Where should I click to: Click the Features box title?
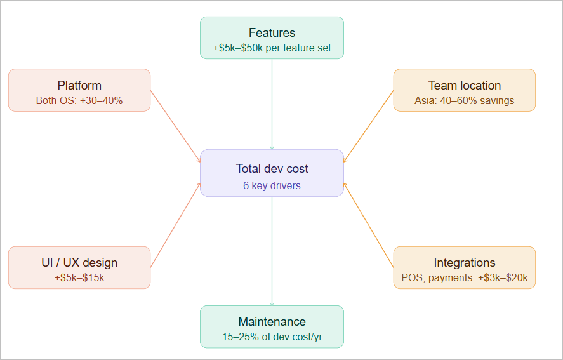[272, 33]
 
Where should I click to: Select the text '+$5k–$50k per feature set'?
[272, 48]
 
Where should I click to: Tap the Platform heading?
[79, 85]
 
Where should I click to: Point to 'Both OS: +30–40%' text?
[79, 100]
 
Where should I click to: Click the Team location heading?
[465, 85]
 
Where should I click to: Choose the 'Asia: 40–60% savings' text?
[465, 100]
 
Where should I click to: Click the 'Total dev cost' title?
[272, 168]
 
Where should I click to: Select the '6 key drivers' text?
[272, 186]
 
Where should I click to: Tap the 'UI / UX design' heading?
[79, 263]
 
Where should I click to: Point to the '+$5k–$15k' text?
[79, 277]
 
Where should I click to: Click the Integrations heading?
[465, 263]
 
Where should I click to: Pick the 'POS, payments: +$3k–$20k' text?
[465, 277]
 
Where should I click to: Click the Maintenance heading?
[272, 321]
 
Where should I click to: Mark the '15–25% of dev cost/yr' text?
[272, 337]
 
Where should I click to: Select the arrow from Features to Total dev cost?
[272, 105]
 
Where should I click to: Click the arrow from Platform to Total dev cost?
[175, 126]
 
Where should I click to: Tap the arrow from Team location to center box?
[369, 126]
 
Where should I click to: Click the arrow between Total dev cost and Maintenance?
[272, 251]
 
